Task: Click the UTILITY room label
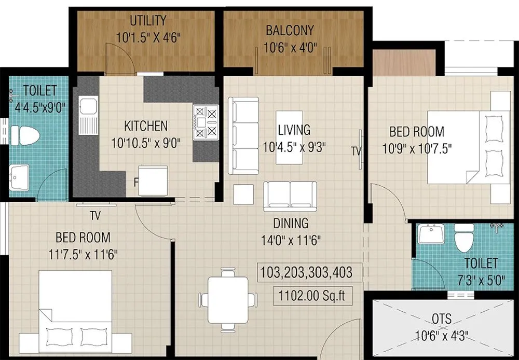pyautogui.click(x=148, y=21)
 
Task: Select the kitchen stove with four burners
pyautogui.click(x=206, y=122)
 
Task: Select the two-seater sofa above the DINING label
pyautogui.click(x=290, y=196)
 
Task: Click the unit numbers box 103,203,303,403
pyautogui.click(x=306, y=272)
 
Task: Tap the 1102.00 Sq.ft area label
pyautogui.click(x=311, y=296)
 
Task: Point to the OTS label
pyautogui.click(x=442, y=319)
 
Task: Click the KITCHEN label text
pyautogui.click(x=146, y=126)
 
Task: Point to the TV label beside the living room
pyautogui.click(x=356, y=151)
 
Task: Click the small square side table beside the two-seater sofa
pyautogui.click(x=243, y=195)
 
